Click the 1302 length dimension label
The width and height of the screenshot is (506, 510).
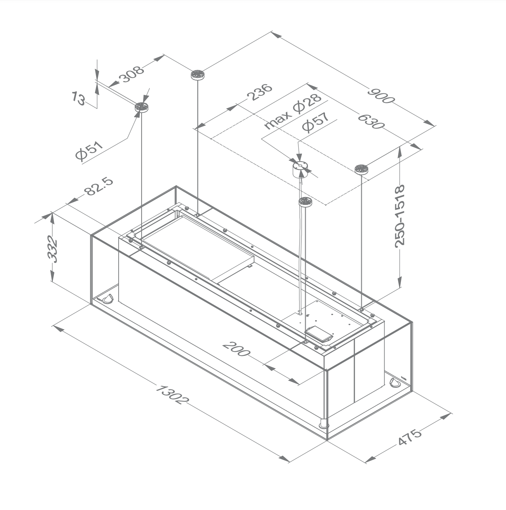[171, 394]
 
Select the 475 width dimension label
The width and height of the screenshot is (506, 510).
[410, 437]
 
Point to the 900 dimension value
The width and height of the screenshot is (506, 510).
[381, 96]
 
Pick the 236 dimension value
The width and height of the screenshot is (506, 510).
[261, 92]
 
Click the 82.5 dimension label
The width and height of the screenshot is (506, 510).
[99, 186]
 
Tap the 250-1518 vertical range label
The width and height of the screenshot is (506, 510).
[399, 215]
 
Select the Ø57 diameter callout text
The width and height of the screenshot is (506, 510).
[316, 122]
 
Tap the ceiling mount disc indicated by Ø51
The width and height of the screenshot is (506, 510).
[141, 107]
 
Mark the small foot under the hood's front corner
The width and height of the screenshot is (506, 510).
[323, 424]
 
